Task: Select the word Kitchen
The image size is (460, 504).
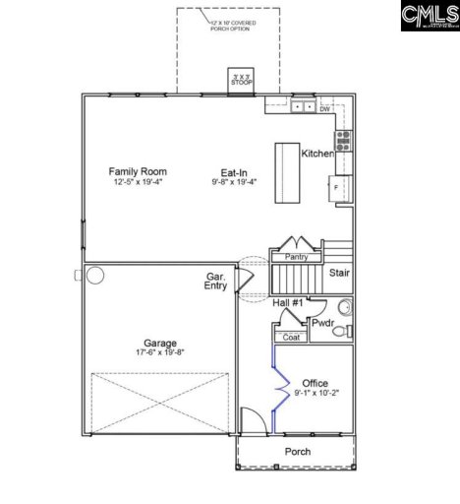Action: (317, 155)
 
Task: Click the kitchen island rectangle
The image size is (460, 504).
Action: (286, 173)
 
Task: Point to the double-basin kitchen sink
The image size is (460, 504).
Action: (304, 105)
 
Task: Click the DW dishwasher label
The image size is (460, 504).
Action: (324, 110)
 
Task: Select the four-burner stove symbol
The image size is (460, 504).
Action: (344, 138)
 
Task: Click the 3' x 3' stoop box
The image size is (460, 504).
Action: (241, 79)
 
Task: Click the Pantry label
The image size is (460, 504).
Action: (296, 257)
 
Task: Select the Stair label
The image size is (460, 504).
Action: (339, 273)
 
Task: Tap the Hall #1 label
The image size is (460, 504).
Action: (290, 302)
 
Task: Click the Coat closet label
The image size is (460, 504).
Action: (291, 337)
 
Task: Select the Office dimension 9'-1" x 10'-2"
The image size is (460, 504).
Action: (316, 394)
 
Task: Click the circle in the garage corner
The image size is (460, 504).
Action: (95, 275)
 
